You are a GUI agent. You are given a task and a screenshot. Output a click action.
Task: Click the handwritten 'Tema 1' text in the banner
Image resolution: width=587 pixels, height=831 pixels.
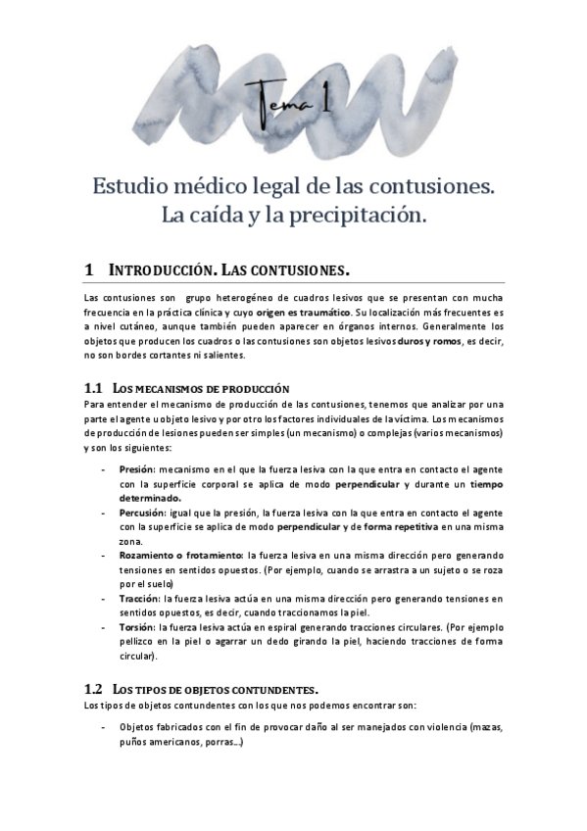(x=293, y=99)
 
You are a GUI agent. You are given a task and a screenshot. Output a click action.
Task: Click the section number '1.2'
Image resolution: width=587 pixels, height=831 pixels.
(x=94, y=689)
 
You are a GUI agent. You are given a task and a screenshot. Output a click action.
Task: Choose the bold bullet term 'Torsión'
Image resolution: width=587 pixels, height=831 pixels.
(x=137, y=625)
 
